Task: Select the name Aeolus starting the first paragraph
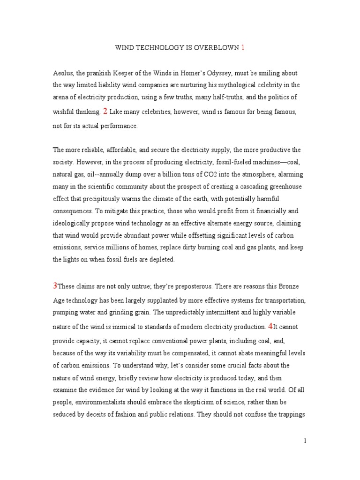(x=63, y=73)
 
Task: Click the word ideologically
(x=72, y=223)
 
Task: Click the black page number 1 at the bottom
(x=305, y=441)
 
